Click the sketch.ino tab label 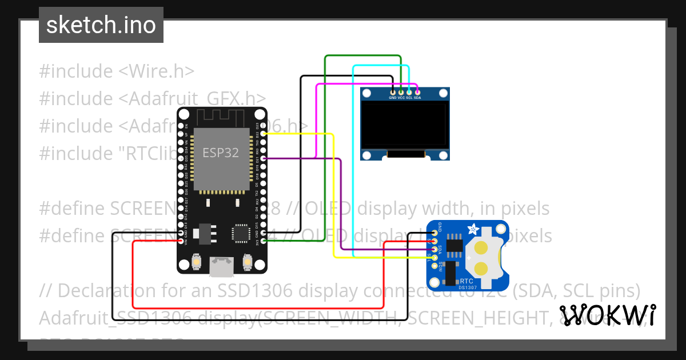[x=101, y=25]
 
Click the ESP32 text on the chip [x=221, y=153]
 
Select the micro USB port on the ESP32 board [x=221, y=266]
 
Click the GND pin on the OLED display [x=393, y=91]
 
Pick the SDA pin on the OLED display [x=417, y=91]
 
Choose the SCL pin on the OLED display [x=409, y=91]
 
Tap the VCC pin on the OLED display [x=401, y=91]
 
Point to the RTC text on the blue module [x=466, y=281]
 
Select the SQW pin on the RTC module [x=435, y=266]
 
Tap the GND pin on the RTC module [x=435, y=232]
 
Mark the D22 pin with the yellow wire [x=263, y=133]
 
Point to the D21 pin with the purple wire [x=263, y=158]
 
